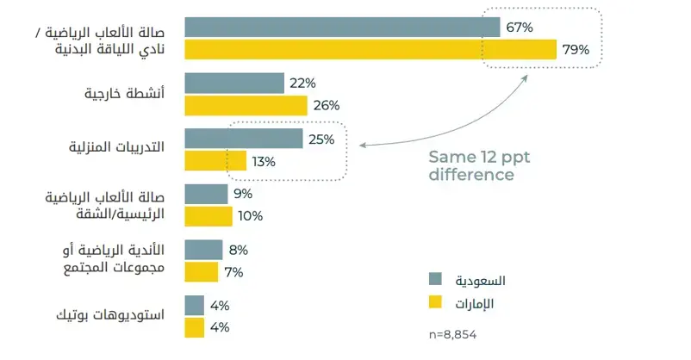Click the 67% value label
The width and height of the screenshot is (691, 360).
[520, 28]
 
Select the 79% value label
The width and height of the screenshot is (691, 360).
[576, 50]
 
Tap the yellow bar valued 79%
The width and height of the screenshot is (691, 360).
[370, 50]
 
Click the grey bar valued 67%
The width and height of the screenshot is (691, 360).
[342, 28]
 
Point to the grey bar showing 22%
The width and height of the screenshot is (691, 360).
[234, 83]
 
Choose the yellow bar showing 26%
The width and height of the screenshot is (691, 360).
[246, 105]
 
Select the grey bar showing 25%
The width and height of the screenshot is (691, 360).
[243, 139]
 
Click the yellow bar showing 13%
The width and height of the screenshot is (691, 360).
[215, 161]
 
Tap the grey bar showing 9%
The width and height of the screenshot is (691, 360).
[206, 194]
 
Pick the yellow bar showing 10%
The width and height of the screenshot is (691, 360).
[209, 216]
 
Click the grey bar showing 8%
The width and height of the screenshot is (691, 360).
[203, 250]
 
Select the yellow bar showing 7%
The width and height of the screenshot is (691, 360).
[202, 272]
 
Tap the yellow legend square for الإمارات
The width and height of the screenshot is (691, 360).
[436, 302]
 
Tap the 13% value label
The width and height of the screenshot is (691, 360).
[264, 161]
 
